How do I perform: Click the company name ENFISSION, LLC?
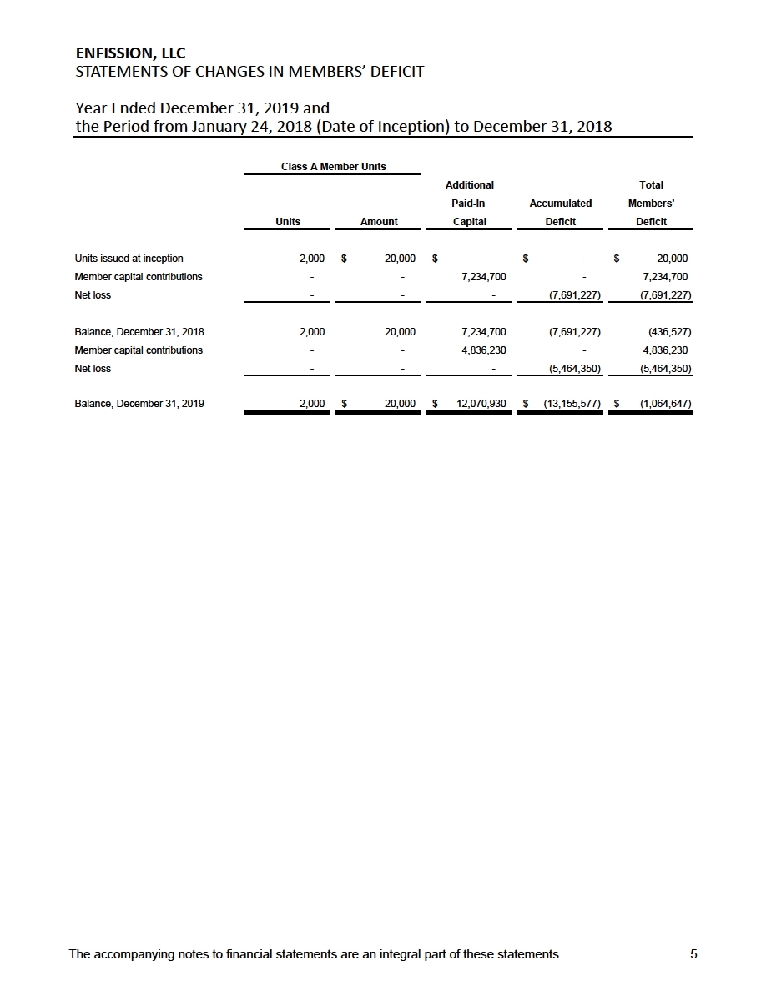(130, 54)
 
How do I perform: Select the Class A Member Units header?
(333, 166)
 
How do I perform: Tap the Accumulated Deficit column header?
(560, 212)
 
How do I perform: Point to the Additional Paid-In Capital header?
(469, 203)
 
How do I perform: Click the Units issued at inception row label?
(129, 258)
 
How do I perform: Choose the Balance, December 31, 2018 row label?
(139, 331)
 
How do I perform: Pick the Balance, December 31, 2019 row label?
(139, 404)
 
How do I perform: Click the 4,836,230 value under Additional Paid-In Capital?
(483, 350)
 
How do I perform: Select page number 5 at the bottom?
(693, 955)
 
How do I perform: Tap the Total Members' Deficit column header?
(651, 203)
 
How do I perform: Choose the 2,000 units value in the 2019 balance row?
(312, 404)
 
